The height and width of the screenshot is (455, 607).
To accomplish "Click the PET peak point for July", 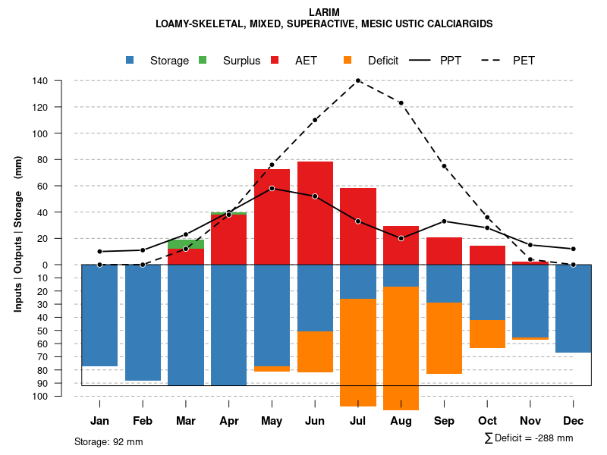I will coord(358,80).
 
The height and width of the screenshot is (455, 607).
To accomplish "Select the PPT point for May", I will coord(272,188).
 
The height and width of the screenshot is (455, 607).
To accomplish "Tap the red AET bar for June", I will coord(315,212).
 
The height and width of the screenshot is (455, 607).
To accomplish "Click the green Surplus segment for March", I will coord(186,244).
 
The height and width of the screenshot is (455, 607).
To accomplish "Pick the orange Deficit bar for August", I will coord(401,347).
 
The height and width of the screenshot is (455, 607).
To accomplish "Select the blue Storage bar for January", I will coord(99,315).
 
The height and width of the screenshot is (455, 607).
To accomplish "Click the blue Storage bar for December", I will coord(574,309).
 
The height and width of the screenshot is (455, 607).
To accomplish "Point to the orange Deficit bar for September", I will coord(445,338).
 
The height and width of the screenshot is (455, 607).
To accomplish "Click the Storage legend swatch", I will coord(131,61).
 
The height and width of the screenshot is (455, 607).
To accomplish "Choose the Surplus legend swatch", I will coord(203,61).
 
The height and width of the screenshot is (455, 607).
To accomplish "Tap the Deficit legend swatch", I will coord(348,61).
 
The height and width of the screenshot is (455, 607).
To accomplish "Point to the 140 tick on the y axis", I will coord(41,81).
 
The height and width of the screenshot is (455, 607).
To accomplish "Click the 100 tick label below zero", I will coord(41,397).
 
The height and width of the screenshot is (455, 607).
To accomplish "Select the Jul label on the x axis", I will coord(358,421).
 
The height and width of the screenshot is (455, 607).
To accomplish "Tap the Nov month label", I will coord(530,421).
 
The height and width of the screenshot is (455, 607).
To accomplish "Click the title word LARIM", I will coord(324,12).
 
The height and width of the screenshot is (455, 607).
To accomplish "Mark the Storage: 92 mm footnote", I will coord(109,441).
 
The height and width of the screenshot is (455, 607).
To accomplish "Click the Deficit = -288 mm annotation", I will coord(529,438).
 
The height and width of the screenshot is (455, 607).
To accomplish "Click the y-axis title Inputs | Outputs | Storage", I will coord(18,234).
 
